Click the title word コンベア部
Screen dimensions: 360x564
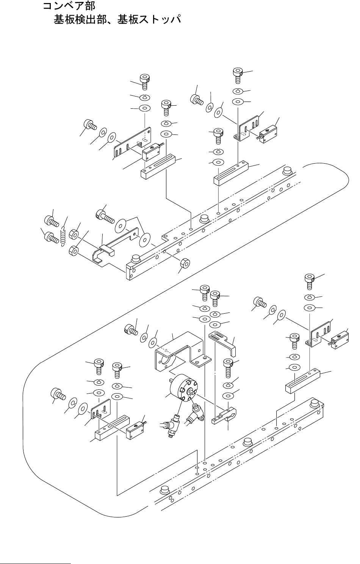[69, 6]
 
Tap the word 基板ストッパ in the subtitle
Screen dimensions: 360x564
[149, 20]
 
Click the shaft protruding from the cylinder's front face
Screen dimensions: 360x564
[193, 391]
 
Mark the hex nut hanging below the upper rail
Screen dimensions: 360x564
[185, 263]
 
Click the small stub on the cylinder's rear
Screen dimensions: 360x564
[172, 380]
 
